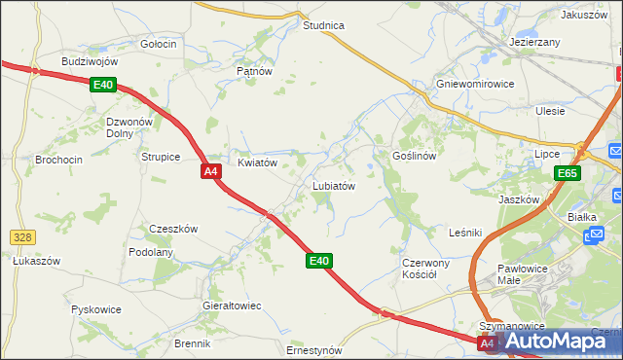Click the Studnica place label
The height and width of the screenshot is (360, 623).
click(324, 25)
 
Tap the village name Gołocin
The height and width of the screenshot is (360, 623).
click(158, 44)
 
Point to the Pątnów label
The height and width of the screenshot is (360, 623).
click(253, 71)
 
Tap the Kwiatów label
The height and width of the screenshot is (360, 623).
click(258, 162)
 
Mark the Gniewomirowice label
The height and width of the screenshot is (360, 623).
click(475, 84)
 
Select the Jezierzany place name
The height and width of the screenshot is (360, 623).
click(534, 43)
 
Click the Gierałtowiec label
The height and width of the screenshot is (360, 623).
click(232, 306)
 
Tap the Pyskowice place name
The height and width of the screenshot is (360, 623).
click(96, 309)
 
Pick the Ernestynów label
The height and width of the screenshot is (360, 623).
click(314, 350)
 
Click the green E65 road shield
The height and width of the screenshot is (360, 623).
click(568, 173)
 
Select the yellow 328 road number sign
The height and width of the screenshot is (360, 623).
click(21, 236)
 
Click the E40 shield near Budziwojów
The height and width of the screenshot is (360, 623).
click(104, 86)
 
